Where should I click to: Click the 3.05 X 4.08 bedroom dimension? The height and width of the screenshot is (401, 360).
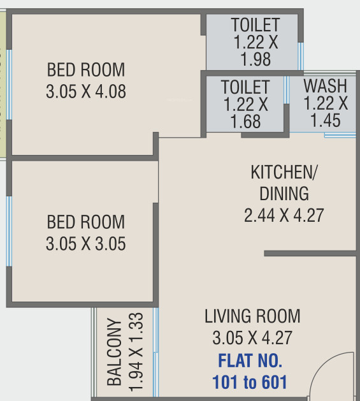pyautogui.click(x=86, y=92)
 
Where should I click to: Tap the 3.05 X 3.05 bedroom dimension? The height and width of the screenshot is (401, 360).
pyautogui.click(x=86, y=244)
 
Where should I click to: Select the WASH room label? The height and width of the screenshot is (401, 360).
pyautogui.click(x=325, y=85)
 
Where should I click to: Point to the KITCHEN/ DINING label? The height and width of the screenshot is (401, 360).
pyautogui.click(x=284, y=182)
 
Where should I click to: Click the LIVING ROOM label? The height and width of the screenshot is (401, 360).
pyautogui.click(x=252, y=316)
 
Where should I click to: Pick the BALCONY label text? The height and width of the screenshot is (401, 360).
pyautogui.click(x=115, y=352)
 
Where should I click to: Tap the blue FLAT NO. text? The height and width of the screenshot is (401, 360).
pyautogui.click(x=250, y=361)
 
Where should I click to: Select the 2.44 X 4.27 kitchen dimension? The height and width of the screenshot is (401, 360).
pyautogui.click(x=284, y=215)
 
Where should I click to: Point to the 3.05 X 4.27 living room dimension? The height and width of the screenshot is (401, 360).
pyautogui.click(x=252, y=338)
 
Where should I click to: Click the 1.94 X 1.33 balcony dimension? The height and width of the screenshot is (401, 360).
pyautogui.click(x=135, y=352)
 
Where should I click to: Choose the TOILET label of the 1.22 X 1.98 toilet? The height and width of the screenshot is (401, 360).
pyautogui.click(x=256, y=26)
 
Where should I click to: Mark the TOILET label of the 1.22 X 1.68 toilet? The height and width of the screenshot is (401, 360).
pyautogui.click(x=245, y=87)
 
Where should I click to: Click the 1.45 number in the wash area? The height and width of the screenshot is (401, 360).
pyautogui.click(x=325, y=120)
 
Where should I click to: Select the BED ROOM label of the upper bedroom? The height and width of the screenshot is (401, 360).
pyautogui.click(x=86, y=69)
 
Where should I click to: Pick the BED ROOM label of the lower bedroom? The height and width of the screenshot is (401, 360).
pyautogui.click(x=86, y=222)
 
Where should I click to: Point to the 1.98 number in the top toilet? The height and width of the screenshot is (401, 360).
pyautogui.click(x=256, y=59)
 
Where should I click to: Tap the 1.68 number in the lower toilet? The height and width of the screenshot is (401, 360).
pyautogui.click(x=245, y=120)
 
